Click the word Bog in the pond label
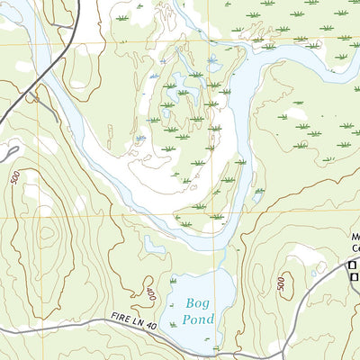pyautogui.click(x=194, y=305)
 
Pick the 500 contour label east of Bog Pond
pyautogui.click(x=282, y=285)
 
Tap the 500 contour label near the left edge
pyautogui.click(x=16, y=177)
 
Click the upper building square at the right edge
pyautogui.click(x=353, y=265)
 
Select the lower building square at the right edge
pyautogui.click(x=353, y=279)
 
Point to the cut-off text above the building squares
pyautogui.click(x=354, y=243)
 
